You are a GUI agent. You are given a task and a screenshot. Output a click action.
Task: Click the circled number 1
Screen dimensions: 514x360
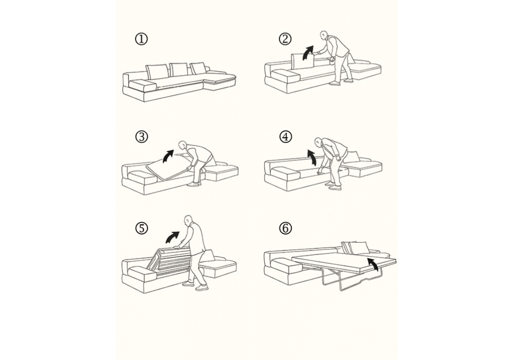click(x=142, y=40)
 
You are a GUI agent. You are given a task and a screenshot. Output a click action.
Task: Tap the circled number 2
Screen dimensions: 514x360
click(x=285, y=39)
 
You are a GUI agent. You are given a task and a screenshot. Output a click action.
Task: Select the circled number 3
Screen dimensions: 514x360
click(x=142, y=137)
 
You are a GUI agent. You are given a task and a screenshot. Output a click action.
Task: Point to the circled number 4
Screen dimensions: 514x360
click(x=285, y=136)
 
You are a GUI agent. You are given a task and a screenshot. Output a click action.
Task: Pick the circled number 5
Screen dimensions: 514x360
click(x=142, y=228)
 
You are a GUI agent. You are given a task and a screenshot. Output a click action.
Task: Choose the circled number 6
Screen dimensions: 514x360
click(x=285, y=228)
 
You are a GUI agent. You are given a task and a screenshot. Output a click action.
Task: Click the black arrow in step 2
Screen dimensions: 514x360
click(x=308, y=52)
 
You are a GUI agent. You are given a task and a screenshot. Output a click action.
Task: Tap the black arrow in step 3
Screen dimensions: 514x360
click(x=169, y=155)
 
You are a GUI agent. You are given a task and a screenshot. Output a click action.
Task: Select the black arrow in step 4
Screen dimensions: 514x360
click(x=311, y=157)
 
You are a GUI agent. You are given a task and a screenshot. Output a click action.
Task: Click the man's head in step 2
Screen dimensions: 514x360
click(x=324, y=35)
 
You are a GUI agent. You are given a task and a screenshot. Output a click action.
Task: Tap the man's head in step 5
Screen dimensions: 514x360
click(x=188, y=220)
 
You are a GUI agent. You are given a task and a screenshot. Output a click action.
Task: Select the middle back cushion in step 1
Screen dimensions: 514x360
click(x=179, y=70)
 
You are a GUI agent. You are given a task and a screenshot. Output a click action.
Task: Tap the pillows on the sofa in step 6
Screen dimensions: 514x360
click(x=356, y=247)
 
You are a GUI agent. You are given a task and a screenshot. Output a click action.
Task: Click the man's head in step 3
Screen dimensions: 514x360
click(x=182, y=145)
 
